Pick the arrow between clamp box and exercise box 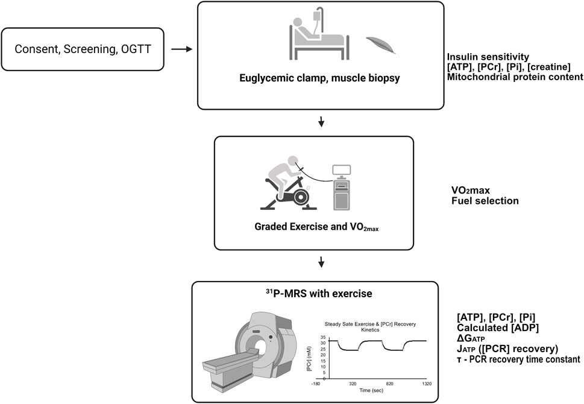321,123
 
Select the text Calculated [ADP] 489,327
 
